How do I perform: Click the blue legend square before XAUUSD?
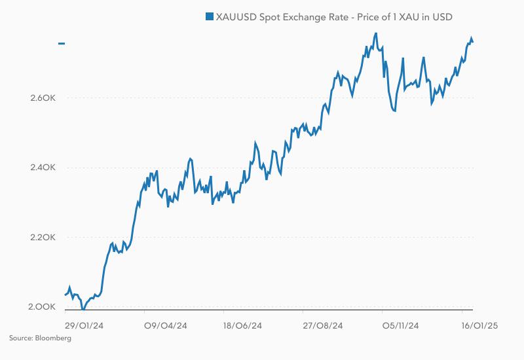(x=210, y=16)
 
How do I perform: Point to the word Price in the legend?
(x=368, y=16)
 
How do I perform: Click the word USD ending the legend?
(x=442, y=16)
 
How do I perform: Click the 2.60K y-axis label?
(x=44, y=98)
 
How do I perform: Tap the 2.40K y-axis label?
(x=44, y=168)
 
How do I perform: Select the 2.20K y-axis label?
(x=44, y=237)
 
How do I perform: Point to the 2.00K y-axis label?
(x=44, y=306)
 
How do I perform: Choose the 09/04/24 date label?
(x=166, y=325)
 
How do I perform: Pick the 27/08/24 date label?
(x=322, y=325)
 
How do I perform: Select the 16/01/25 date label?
(x=479, y=325)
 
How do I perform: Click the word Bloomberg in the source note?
(x=54, y=338)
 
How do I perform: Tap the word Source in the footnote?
(x=21, y=338)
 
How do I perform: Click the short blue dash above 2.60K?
(x=62, y=44)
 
